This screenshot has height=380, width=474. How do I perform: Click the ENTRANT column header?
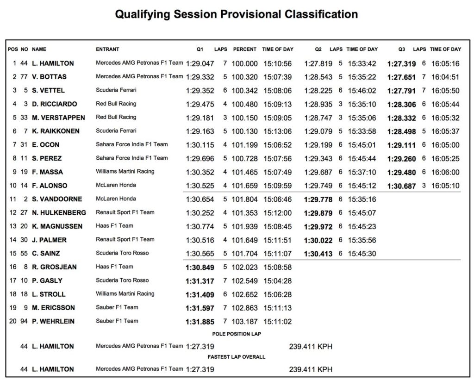107,50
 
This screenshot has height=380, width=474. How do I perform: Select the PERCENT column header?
245,50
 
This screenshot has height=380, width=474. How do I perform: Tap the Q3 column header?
401,50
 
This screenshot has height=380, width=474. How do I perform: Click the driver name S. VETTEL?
49,90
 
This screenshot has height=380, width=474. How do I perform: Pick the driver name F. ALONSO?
50,186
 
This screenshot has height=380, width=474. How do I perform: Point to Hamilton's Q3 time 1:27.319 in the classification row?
402,63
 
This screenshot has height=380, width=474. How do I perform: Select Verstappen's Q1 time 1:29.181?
200,118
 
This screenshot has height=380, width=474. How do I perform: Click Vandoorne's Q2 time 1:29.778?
318,199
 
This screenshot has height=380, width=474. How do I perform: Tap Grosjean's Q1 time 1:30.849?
200,267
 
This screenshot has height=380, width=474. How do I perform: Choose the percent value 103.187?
245,321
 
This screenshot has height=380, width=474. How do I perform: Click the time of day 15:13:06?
277,131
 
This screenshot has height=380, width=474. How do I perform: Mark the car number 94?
25,321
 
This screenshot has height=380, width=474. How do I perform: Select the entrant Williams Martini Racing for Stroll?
125,294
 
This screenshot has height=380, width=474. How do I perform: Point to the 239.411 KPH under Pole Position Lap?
311,346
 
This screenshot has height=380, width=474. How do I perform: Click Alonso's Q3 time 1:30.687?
402,186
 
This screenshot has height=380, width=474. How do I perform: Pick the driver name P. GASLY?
47,280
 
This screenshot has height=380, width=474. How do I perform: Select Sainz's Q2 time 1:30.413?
318,254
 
